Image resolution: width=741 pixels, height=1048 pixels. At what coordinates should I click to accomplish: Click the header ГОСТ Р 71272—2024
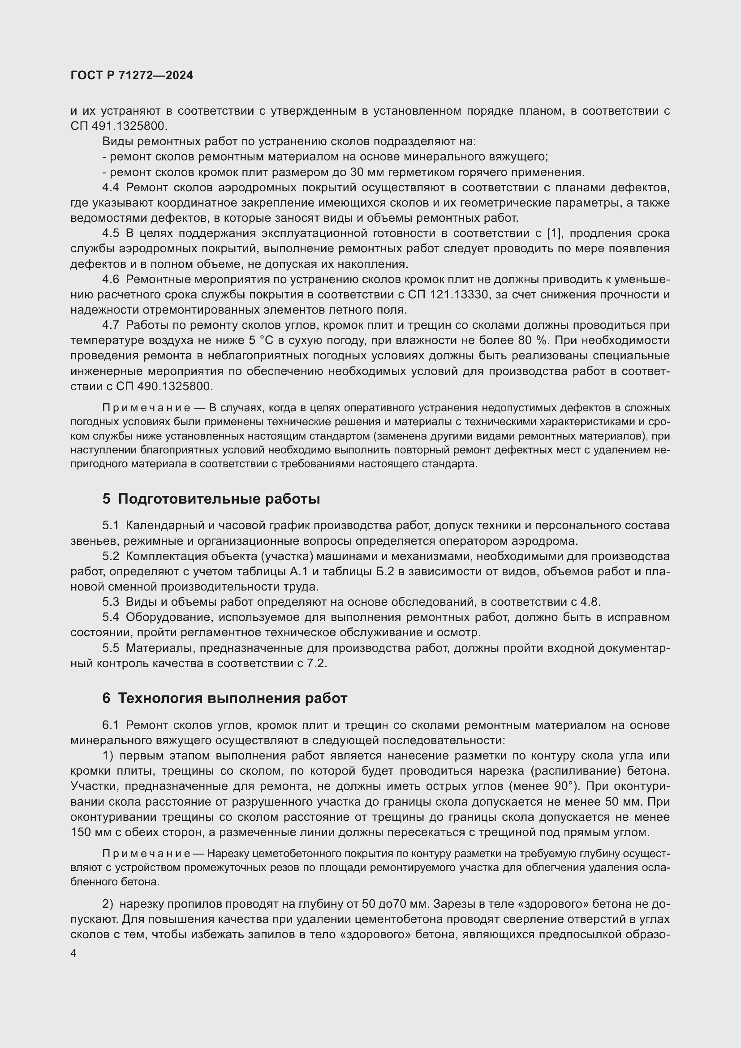coord(132,75)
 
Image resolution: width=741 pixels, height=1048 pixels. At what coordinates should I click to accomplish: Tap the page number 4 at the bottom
coord(74,953)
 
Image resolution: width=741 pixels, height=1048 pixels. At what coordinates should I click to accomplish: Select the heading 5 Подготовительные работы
coord(211,499)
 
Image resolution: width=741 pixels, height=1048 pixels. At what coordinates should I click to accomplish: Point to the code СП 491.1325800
coord(119,126)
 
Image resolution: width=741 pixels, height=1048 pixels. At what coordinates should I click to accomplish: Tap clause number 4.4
coord(110,187)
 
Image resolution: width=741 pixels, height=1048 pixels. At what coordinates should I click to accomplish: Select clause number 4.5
coord(110,233)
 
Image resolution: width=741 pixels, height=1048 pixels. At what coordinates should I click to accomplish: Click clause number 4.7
coord(110,325)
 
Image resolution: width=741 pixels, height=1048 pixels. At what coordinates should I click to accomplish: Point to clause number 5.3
coord(110,602)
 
